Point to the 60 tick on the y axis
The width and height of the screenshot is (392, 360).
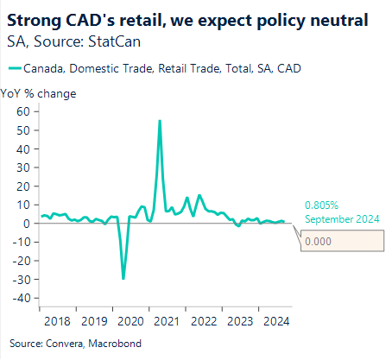(x=24, y=111)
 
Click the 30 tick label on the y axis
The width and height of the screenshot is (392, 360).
(x=24, y=167)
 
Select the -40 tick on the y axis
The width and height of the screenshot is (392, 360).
(x=22, y=299)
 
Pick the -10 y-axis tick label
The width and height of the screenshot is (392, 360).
(x=22, y=243)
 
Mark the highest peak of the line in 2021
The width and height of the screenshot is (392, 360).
(x=160, y=121)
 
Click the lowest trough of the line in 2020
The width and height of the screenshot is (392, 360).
(x=123, y=278)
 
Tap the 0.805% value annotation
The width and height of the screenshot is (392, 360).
(x=321, y=206)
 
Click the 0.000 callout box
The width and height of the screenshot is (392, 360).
(x=341, y=242)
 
